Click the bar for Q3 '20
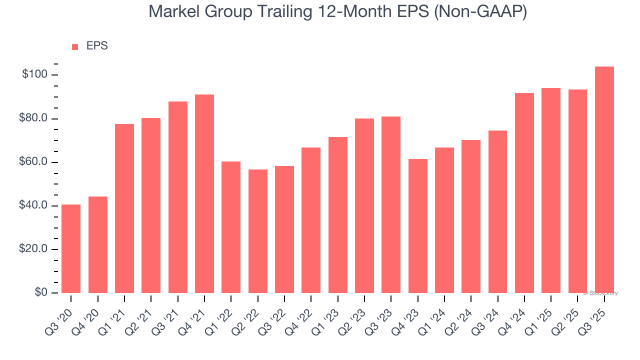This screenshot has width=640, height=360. coord(71,248)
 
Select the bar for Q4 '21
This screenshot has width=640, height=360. coord(204,193)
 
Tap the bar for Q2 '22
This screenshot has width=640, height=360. coord(257,231)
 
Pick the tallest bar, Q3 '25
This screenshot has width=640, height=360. coord(604,179)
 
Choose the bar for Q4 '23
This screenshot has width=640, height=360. coord(417,225)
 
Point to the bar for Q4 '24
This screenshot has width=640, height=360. coord(524,193)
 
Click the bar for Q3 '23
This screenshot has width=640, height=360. coord(391,204)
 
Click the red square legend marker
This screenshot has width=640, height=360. coord(75,46)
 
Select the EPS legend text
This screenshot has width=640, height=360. coord(97,46)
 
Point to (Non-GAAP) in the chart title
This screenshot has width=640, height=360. coord(480,11)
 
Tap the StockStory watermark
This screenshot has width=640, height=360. coord(600,293)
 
